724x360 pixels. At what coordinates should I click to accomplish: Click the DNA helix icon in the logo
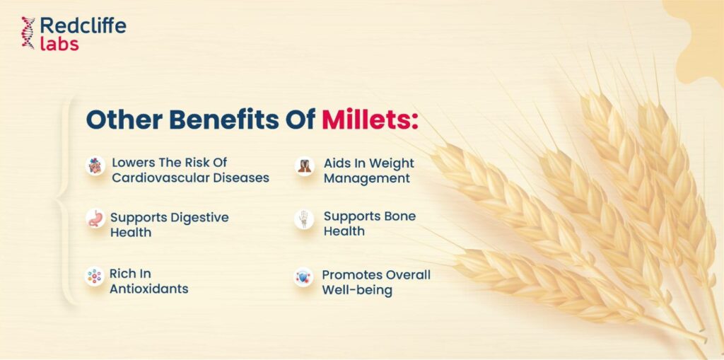tap(28, 33)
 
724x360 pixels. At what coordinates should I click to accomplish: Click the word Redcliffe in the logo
tap(83, 25)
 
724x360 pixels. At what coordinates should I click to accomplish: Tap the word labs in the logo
tap(59, 43)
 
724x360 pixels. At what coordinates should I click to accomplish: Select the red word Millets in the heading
tap(370, 120)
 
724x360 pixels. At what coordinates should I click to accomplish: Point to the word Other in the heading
tap(124, 120)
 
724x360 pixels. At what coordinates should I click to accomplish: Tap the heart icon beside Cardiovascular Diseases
tap(95, 166)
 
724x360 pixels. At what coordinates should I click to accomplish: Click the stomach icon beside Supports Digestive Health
tap(95, 219)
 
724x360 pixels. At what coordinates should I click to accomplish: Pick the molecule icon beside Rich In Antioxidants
tap(95, 277)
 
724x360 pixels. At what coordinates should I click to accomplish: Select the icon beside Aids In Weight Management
tap(304, 166)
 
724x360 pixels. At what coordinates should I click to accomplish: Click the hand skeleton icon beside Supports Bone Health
tap(304, 219)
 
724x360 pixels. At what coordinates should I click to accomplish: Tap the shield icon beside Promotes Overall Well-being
tap(303, 277)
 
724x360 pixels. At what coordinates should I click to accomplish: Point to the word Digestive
tap(200, 218)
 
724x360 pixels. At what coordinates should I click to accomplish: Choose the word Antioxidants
tap(148, 289)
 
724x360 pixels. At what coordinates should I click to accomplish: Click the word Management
tap(367, 179)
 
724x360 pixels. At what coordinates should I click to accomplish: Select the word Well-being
tap(357, 291)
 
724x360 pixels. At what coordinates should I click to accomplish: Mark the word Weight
tap(392, 164)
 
